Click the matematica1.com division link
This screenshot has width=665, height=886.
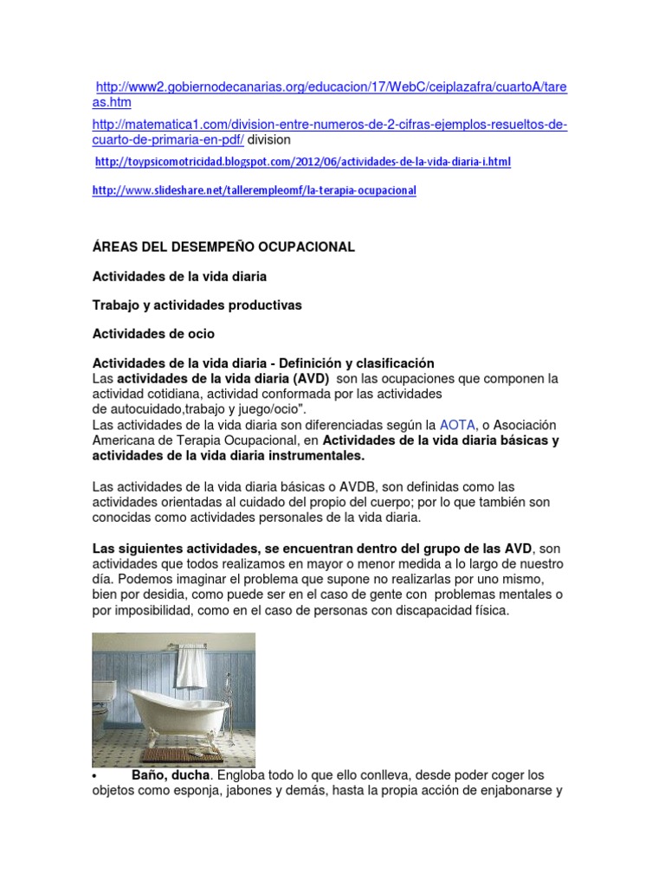point(329,125)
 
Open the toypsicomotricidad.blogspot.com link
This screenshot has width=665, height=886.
point(302,162)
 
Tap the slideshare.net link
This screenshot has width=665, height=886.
point(254,190)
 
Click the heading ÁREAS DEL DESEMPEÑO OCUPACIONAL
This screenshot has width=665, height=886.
point(223,247)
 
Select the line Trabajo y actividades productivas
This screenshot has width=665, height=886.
point(197,305)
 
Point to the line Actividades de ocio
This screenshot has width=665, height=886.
point(153,334)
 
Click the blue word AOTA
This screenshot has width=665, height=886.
point(457,425)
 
